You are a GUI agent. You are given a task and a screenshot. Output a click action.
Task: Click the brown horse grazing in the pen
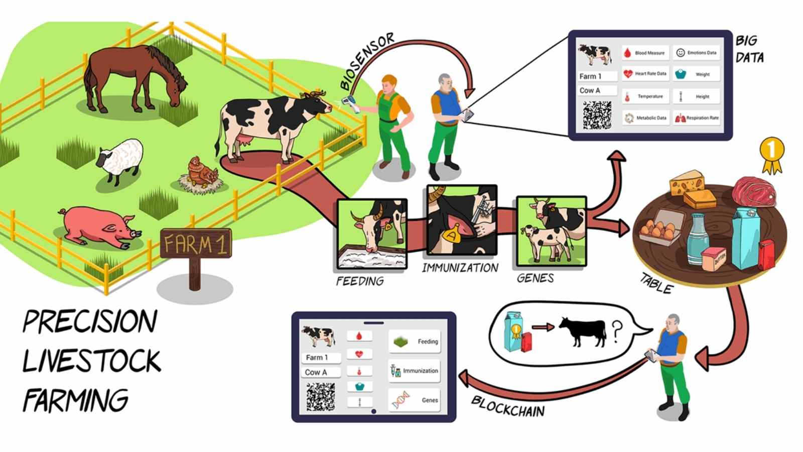(x=133, y=75)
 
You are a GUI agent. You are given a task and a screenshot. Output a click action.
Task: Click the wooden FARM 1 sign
(x=196, y=244)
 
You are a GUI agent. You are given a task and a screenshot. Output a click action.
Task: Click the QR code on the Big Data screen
(x=597, y=115)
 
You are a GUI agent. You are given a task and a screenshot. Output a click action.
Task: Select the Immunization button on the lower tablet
(x=415, y=371)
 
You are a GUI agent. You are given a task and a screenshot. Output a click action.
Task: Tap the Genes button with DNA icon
(x=415, y=400)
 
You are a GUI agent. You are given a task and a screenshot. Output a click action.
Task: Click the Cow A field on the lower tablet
(x=321, y=372)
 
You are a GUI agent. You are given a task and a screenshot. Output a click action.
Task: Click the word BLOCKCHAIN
(x=508, y=406)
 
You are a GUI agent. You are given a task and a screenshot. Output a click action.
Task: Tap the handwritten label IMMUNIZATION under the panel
(x=460, y=268)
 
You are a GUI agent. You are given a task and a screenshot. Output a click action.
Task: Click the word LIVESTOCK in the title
(x=91, y=361)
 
